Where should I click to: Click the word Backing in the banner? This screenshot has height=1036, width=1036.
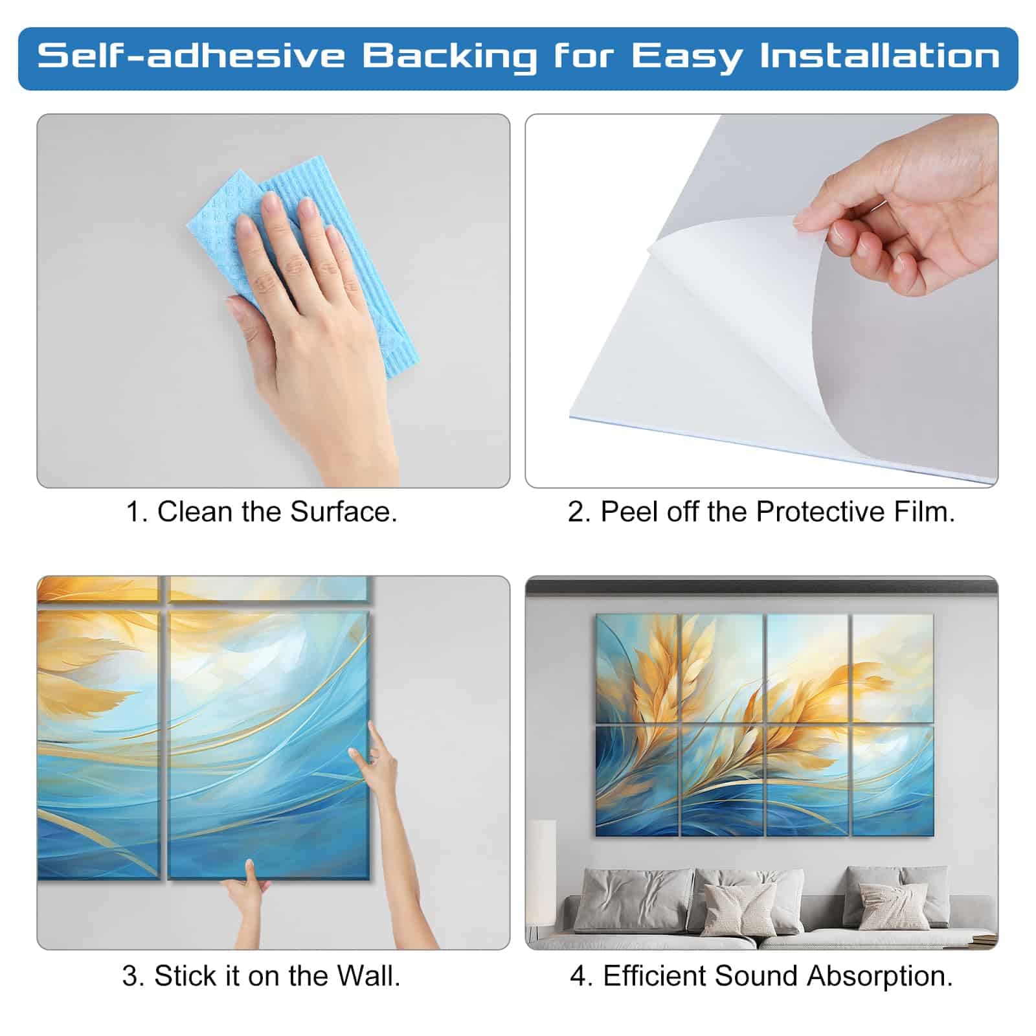coord(449,56)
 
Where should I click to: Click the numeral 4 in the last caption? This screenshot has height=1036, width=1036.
coord(578,976)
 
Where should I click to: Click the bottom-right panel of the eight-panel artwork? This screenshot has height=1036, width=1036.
coord(892,781)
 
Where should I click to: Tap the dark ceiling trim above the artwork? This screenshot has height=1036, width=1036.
coord(761,587)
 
